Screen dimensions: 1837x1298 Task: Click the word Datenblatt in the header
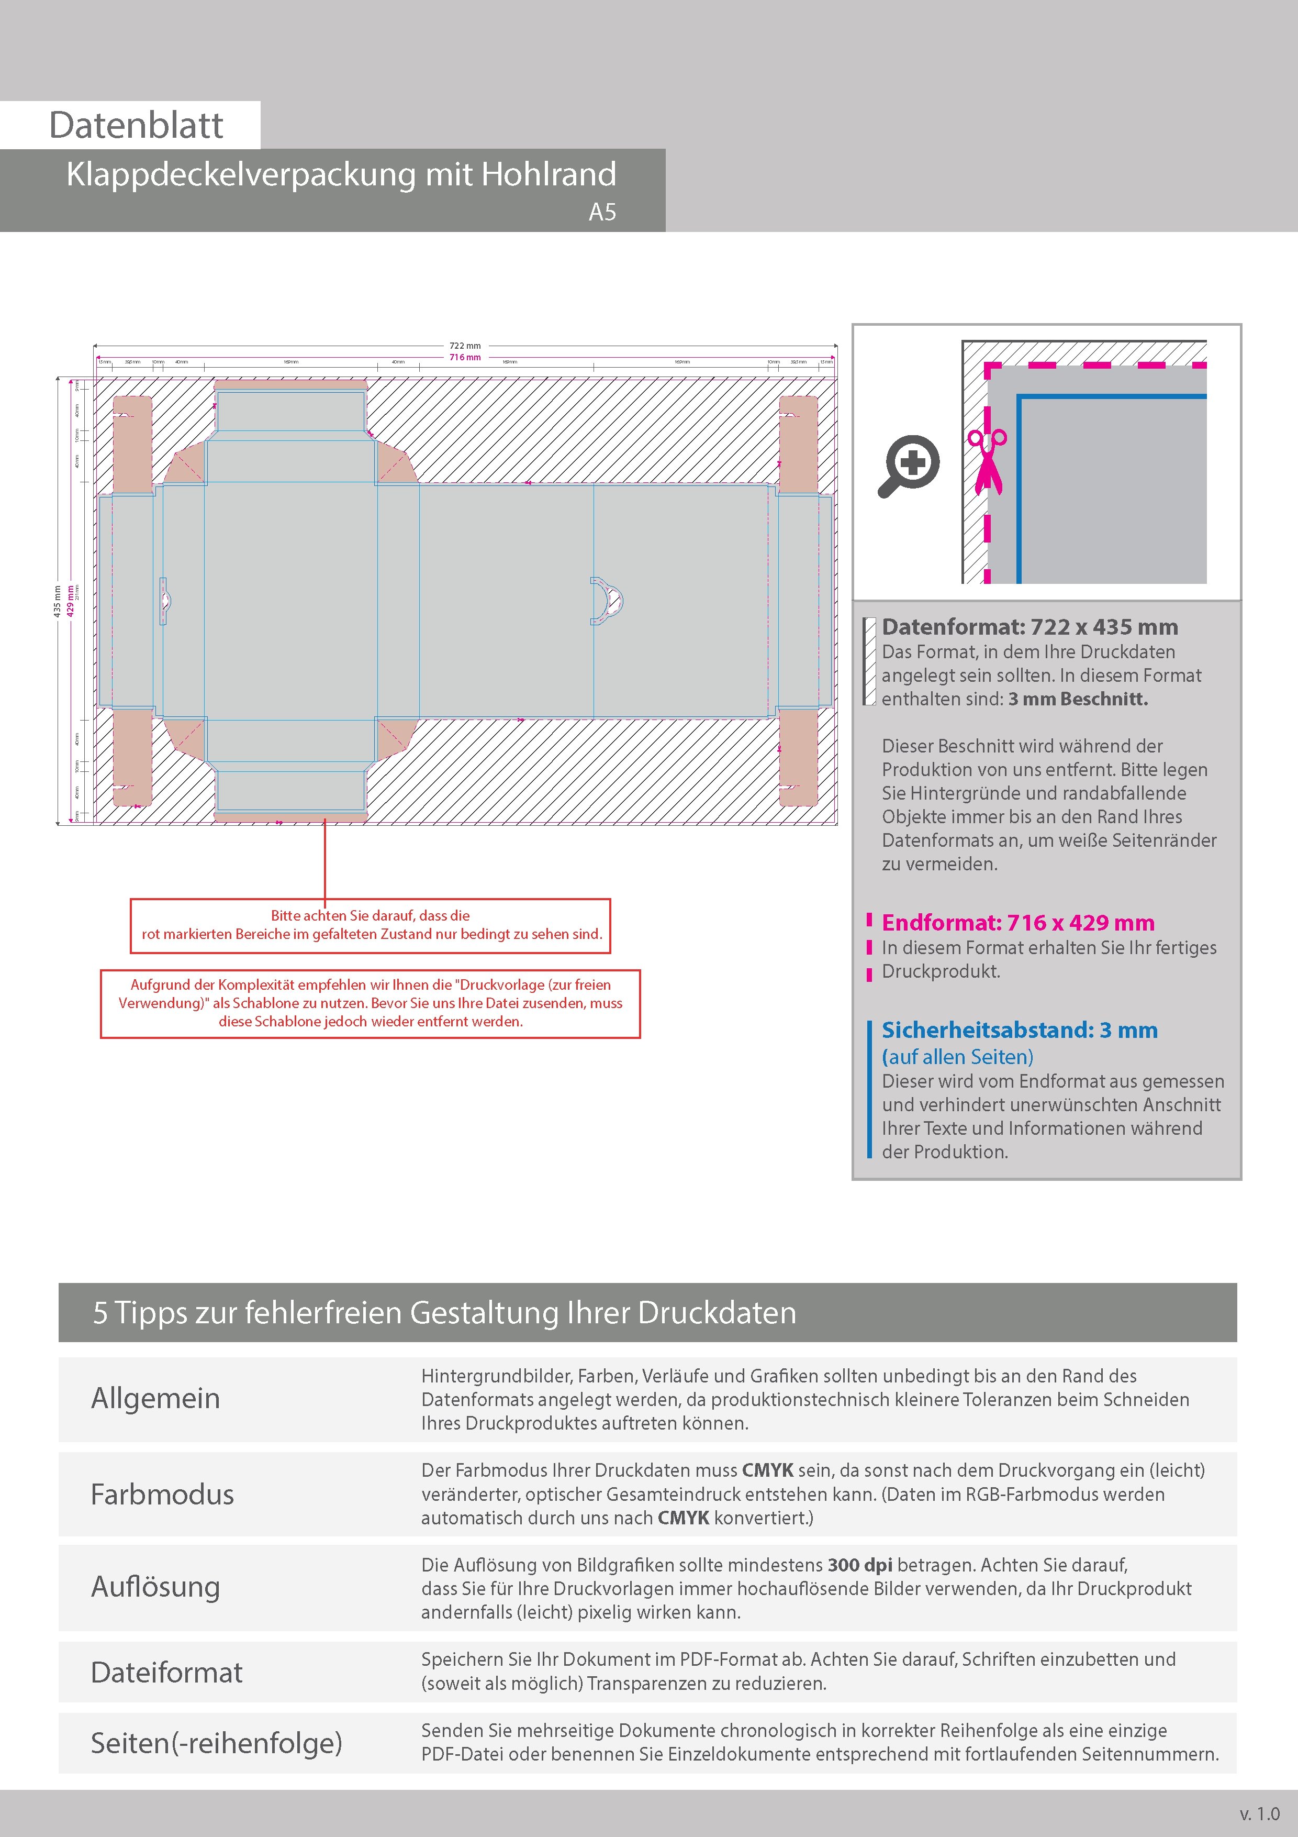(136, 126)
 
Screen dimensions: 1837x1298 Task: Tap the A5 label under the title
(602, 212)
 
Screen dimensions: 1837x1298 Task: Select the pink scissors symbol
(987, 461)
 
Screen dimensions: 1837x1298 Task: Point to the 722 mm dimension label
(465, 346)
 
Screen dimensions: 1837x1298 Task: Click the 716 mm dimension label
(465, 357)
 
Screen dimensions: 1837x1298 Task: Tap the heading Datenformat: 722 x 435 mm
(1030, 627)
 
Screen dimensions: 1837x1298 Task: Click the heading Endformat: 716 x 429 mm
(1017, 923)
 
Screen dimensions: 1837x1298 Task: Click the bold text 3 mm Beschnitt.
(1077, 699)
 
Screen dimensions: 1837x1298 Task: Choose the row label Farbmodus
(162, 1494)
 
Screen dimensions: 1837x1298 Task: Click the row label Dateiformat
(166, 1672)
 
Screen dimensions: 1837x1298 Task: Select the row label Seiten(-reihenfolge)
(216, 1743)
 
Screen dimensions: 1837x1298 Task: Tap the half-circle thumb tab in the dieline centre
(608, 600)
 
